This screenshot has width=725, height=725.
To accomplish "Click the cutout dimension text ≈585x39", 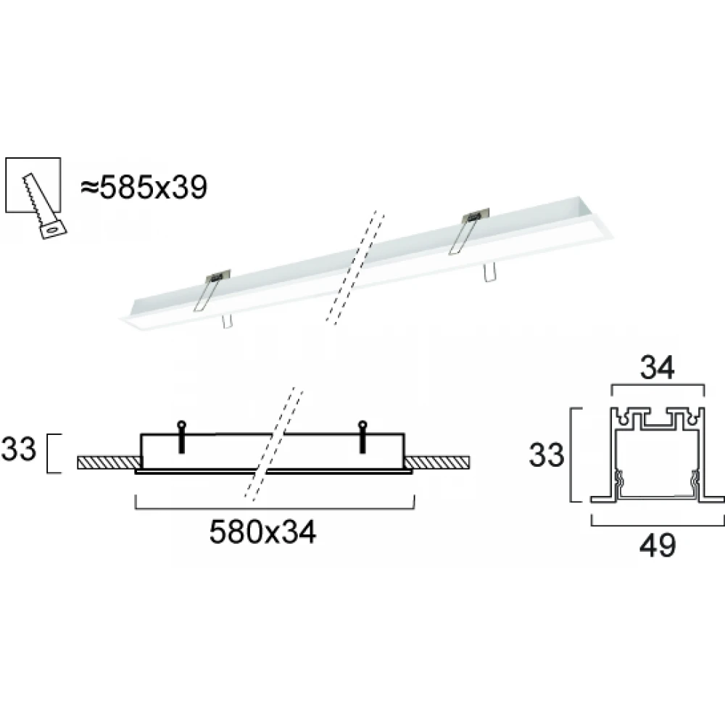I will (x=144, y=188).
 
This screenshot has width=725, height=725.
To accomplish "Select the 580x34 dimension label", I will (x=262, y=534).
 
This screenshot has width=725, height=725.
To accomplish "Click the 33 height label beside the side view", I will (x=19, y=450).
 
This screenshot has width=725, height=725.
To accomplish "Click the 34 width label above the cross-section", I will (x=658, y=370).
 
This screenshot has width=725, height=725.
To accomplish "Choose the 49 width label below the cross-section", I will (x=658, y=544).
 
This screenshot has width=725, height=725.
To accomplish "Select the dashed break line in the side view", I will (x=273, y=444).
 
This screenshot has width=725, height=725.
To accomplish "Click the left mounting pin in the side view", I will (x=181, y=438).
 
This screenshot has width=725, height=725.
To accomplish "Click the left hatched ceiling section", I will (x=107, y=463).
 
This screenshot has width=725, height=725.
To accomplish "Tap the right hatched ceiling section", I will (x=438, y=463).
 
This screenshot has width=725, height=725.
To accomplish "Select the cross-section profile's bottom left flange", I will (x=602, y=499).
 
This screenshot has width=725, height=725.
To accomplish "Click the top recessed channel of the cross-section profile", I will (x=658, y=420).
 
